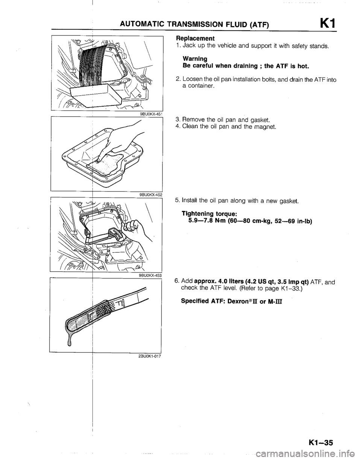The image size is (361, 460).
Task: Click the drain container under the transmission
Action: [x=96, y=95]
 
